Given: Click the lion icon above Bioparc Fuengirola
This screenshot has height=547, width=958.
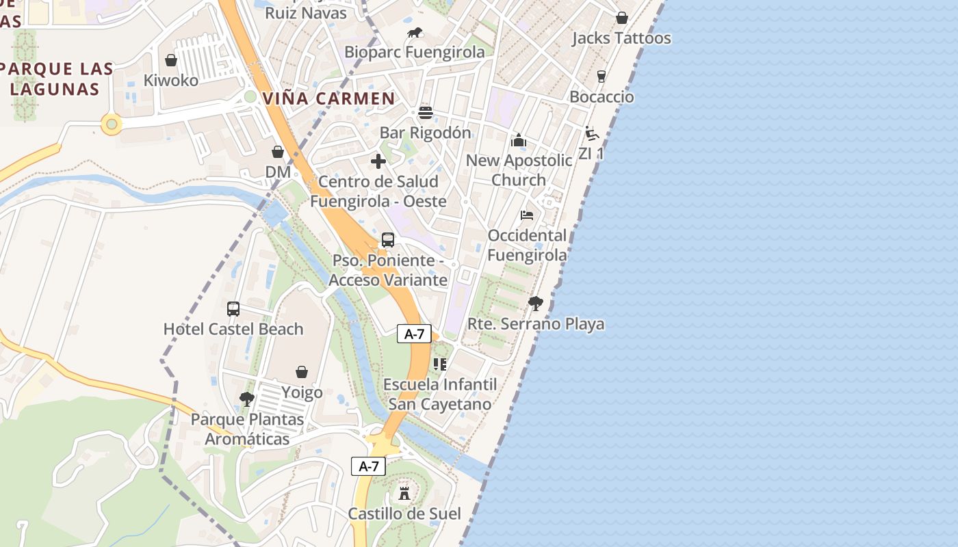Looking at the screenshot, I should [x=415, y=32].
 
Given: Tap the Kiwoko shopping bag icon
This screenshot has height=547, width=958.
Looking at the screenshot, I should [x=171, y=60].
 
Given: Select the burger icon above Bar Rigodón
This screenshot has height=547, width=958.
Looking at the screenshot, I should [x=426, y=113].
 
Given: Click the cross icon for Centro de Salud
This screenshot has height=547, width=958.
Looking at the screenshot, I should [x=378, y=161].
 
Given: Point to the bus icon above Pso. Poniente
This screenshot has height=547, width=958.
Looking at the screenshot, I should [x=388, y=240].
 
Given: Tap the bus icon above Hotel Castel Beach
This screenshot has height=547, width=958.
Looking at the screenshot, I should [x=233, y=308].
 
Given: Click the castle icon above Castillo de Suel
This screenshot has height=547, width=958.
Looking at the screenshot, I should [x=404, y=493].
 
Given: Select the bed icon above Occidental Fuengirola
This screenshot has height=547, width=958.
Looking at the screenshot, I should [x=527, y=215].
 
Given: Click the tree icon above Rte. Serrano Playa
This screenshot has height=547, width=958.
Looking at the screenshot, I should [x=536, y=303].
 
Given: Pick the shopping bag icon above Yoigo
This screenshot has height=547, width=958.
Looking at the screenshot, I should [x=302, y=372].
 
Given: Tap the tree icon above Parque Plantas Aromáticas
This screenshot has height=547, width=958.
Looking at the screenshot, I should [x=247, y=399].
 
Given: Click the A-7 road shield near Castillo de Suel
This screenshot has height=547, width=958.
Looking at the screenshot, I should [x=368, y=466].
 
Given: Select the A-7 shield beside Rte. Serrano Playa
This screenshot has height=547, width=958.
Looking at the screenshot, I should [x=414, y=334].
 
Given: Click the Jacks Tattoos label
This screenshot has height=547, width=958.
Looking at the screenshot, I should [x=621, y=38].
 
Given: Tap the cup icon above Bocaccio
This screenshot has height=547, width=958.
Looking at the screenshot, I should [x=601, y=76].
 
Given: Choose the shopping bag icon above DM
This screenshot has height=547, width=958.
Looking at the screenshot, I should [x=278, y=151].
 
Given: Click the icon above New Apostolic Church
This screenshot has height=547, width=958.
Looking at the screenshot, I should [x=519, y=140].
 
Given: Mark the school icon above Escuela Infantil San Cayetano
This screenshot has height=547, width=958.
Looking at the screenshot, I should [x=440, y=364].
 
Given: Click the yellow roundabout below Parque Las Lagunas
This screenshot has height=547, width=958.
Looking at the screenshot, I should [x=112, y=124].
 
